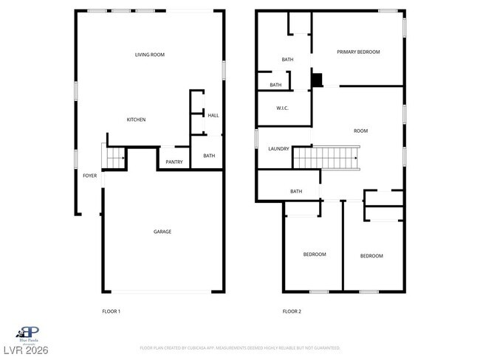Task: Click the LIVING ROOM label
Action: (x=149, y=55)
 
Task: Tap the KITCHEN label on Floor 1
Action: (x=136, y=120)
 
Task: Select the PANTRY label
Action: (x=174, y=162)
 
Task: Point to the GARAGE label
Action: (x=162, y=232)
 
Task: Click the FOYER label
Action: (x=89, y=176)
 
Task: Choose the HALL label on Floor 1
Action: (x=213, y=115)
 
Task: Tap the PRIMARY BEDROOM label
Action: (x=358, y=52)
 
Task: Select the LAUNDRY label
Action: (x=278, y=148)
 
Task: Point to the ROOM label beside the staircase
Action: (x=360, y=131)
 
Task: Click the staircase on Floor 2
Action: (x=326, y=157)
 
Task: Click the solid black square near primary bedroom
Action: (x=317, y=80)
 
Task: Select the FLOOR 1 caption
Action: (x=111, y=311)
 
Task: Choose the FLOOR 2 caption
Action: (x=292, y=311)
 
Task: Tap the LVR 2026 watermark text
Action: (x=24, y=349)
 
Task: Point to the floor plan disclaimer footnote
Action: (x=240, y=347)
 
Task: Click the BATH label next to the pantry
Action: (x=209, y=156)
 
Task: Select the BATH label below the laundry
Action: (x=296, y=192)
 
